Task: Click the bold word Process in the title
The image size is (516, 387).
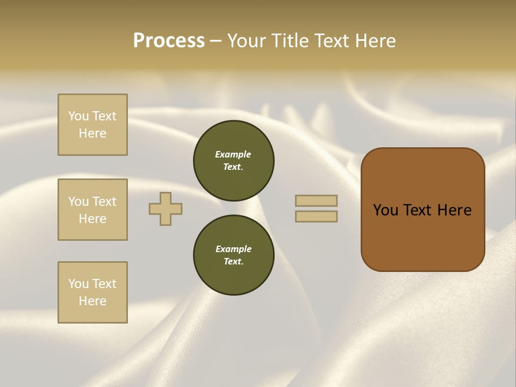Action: [169, 41]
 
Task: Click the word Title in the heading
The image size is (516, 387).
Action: [290, 41]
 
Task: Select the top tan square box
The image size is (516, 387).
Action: [92, 125]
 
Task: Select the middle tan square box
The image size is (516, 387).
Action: [92, 210]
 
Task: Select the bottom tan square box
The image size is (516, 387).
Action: [92, 292]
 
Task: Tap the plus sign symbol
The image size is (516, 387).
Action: [166, 209]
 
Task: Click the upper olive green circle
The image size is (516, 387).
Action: [234, 161]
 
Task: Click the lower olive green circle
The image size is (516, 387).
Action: [234, 255]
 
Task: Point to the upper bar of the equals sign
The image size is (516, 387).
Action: [316, 200]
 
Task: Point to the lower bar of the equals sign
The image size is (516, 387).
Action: [316, 216]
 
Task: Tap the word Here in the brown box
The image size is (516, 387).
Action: [454, 210]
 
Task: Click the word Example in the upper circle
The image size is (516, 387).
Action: [233, 154]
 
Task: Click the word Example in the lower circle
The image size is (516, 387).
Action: [233, 249]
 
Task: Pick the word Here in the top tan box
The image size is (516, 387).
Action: [92, 133]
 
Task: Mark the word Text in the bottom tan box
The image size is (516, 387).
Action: [104, 284]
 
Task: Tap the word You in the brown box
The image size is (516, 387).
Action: [385, 210]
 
